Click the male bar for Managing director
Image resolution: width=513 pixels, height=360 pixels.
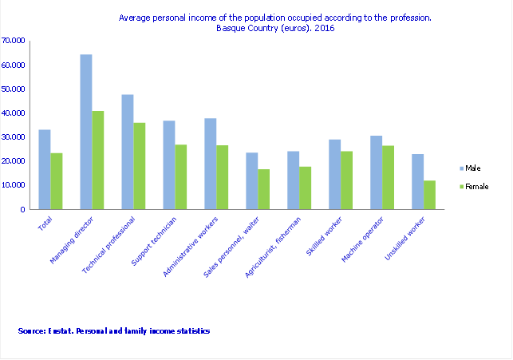pos(86,132)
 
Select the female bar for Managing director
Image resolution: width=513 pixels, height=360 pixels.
pos(98,160)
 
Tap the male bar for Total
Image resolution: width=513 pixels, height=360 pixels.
pos(45,169)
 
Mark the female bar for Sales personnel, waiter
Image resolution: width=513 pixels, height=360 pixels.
pos(264,189)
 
